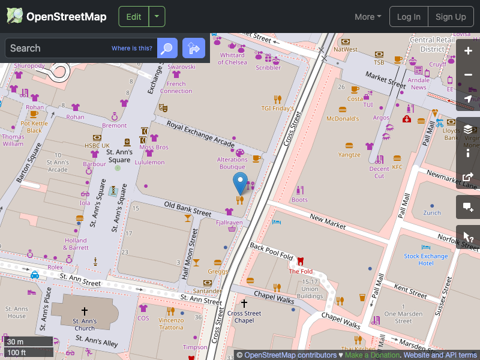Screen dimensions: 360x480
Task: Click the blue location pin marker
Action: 240,183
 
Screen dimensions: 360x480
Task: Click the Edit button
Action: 133,17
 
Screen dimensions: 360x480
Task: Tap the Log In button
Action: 409,17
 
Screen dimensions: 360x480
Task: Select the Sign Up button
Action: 451,17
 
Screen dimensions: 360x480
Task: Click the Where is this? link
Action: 132,49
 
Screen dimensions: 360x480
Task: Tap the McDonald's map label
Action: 343,119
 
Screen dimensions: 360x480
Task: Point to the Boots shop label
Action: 299,200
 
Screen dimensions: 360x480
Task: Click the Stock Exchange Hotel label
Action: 426,260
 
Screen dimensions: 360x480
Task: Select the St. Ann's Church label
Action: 85,325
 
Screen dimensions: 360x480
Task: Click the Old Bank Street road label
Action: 188,209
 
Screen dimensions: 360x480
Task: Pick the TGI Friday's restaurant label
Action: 277,109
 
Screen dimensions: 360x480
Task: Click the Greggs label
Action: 217,271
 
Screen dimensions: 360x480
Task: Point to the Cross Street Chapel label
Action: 244,317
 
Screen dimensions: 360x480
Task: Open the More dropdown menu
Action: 368,17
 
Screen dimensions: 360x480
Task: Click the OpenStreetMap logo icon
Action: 15,16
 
